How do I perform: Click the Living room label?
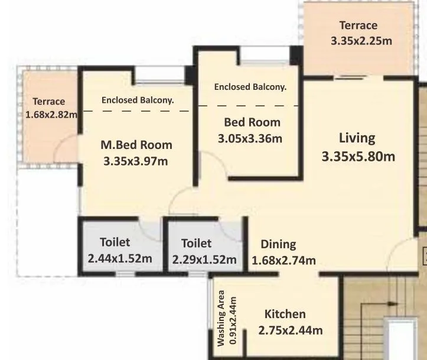point(357,138)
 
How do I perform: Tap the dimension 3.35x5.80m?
point(358,157)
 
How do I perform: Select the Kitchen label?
point(285,314)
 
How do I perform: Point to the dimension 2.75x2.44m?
point(290,330)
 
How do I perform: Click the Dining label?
point(278,244)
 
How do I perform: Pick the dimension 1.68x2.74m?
point(283,260)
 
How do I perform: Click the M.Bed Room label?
point(136,145)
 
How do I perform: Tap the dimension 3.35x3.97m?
point(136,161)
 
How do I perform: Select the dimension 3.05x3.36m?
point(250,139)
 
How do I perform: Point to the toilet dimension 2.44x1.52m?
point(120,258)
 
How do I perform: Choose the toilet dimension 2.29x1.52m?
point(204,260)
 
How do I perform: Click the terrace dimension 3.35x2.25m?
point(361,41)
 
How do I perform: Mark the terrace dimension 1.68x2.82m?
point(52,114)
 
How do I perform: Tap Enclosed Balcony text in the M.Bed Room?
point(138,100)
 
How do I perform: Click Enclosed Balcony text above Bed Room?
point(250,87)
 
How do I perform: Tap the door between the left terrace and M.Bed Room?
point(70,148)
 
